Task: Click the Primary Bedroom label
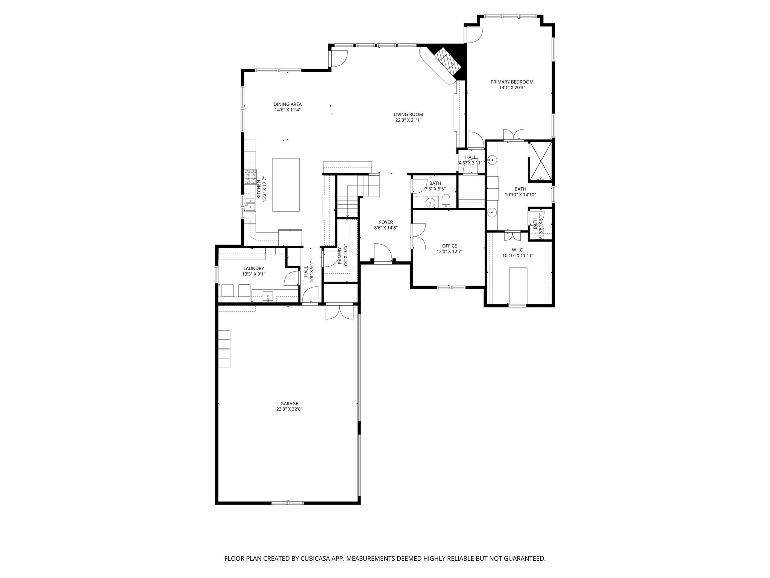pyautogui.click(x=512, y=82)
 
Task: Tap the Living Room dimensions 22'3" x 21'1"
pyautogui.click(x=408, y=120)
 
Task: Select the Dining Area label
pyautogui.click(x=287, y=104)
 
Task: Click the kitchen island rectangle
pyautogui.click(x=286, y=185)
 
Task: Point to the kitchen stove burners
pyautogui.click(x=250, y=177)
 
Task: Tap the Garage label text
pyautogui.click(x=289, y=404)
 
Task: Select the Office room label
pyautogui.click(x=449, y=246)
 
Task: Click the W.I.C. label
pyautogui.click(x=517, y=250)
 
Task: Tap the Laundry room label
pyautogui.click(x=253, y=268)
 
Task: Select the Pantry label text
pyautogui.click(x=340, y=256)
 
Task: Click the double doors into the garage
pyautogui.click(x=340, y=311)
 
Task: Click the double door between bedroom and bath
pyautogui.click(x=514, y=135)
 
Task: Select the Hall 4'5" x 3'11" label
pyautogui.click(x=470, y=157)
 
